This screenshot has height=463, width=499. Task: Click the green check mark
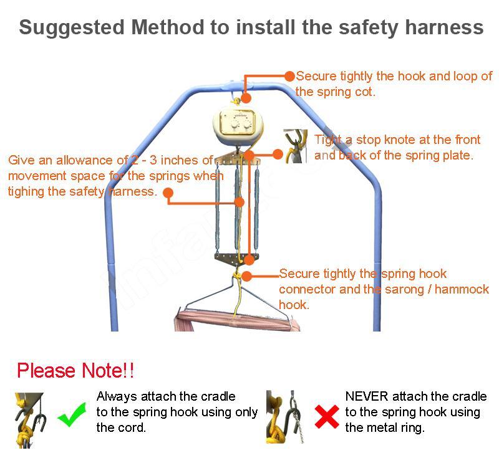click(x=72, y=414)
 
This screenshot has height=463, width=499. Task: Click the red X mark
click(x=327, y=416)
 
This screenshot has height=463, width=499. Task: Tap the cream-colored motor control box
click(x=238, y=126)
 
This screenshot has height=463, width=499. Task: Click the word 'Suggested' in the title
click(x=72, y=28)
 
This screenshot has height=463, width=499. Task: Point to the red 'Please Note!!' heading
click(x=75, y=371)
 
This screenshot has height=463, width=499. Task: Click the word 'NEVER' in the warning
click(x=367, y=396)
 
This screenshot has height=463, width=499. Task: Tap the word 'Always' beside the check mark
click(x=117, y=397)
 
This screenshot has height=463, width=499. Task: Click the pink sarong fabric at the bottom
click(x=237, y=321)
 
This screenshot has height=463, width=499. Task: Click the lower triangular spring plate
click(x=236, y=259)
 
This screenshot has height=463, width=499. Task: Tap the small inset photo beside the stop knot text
click(x=295, y=146)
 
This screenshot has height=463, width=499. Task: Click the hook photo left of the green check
click(x=30, y=420)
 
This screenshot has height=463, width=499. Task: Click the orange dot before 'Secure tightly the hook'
click(x=289, y=76)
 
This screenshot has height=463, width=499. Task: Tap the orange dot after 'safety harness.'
click(x=168, y=193)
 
